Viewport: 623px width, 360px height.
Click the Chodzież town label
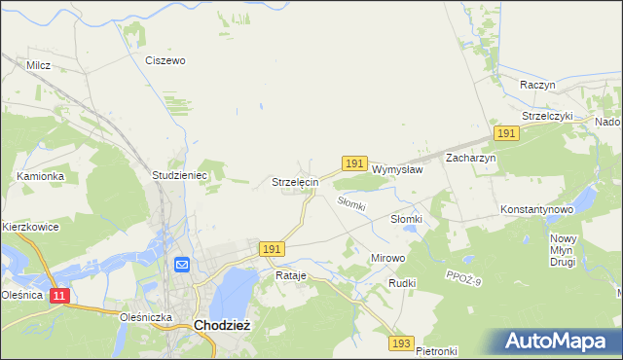(223, 326)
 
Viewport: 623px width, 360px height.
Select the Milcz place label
(39, 65)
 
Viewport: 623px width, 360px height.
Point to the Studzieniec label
(175, 175)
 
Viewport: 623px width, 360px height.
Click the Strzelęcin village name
(294, 182)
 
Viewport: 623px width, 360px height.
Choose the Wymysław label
(397, 168)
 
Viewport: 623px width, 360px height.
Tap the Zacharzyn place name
(471, 158)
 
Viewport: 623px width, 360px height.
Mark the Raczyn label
(537, 85)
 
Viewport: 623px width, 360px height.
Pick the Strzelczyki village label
(548, 116)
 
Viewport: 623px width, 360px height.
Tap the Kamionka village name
(40, 176)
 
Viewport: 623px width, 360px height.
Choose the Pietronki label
(436, 350)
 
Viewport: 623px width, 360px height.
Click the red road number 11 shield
(59, 295)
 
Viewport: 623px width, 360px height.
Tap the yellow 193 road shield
(401, 343)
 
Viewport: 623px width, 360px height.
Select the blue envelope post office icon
(182, 265)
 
